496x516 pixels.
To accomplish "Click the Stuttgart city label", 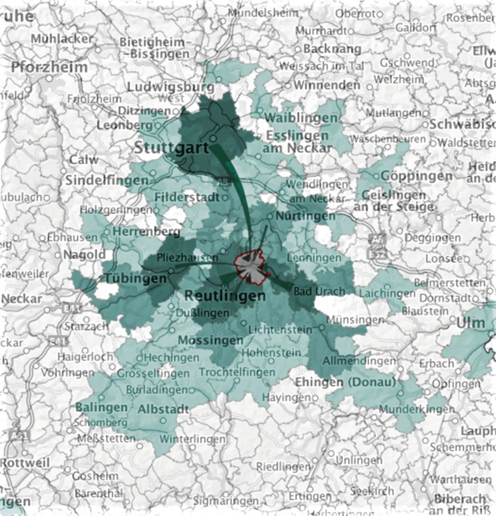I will point(171,148).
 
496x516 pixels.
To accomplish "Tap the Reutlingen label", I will point(225,296).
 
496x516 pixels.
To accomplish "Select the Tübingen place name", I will point(135,278).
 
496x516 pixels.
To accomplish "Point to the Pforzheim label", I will point(49,67).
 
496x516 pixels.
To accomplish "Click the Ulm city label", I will point(471,323).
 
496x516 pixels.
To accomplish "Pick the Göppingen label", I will point(417,176).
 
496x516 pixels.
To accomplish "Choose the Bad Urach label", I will point(319,291).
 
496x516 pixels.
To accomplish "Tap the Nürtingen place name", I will point(306,216).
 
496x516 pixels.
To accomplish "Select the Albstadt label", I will point(163,409).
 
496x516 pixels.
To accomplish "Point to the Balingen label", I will point(101,407).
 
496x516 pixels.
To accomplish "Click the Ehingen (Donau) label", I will point(345,382).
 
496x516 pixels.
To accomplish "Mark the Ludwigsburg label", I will point(170,87).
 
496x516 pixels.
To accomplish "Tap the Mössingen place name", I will point(210,340).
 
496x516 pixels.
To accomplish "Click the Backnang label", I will point(332,49).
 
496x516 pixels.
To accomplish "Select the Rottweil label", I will point(25,463).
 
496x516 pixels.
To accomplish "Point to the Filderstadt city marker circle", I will point(225,198).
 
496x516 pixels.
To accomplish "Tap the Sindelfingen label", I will point(107,180).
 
